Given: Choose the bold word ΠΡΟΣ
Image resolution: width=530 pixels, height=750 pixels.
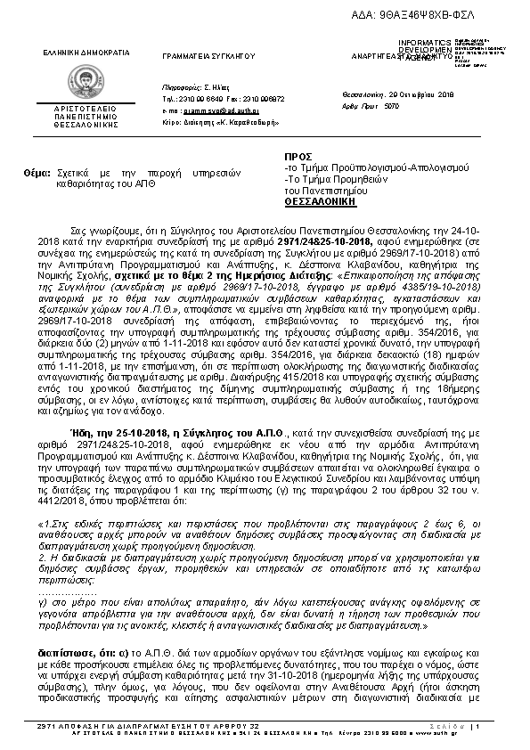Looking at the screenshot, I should click(298, 156).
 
